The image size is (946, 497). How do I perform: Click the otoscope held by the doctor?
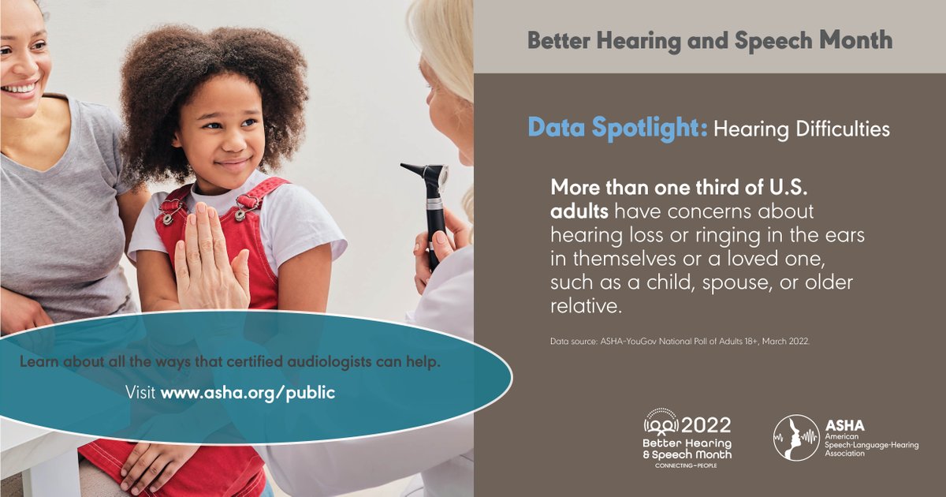(430, 197)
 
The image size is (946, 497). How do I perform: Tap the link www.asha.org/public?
(248, 392)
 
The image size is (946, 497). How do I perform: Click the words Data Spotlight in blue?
(617, 128)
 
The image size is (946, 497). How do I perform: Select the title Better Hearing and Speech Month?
(709, 39)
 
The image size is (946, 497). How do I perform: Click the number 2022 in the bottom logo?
(705, 426)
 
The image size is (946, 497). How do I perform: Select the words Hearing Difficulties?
(802, 129)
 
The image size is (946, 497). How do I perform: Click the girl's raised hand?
(209, 260)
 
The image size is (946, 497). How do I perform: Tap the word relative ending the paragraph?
(584, 305)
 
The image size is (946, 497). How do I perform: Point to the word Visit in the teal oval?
(141, 392)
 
